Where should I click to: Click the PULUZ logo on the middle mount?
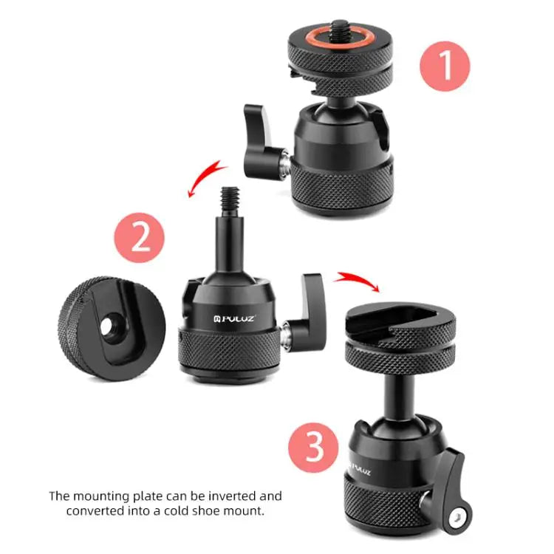pos(236,319)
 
